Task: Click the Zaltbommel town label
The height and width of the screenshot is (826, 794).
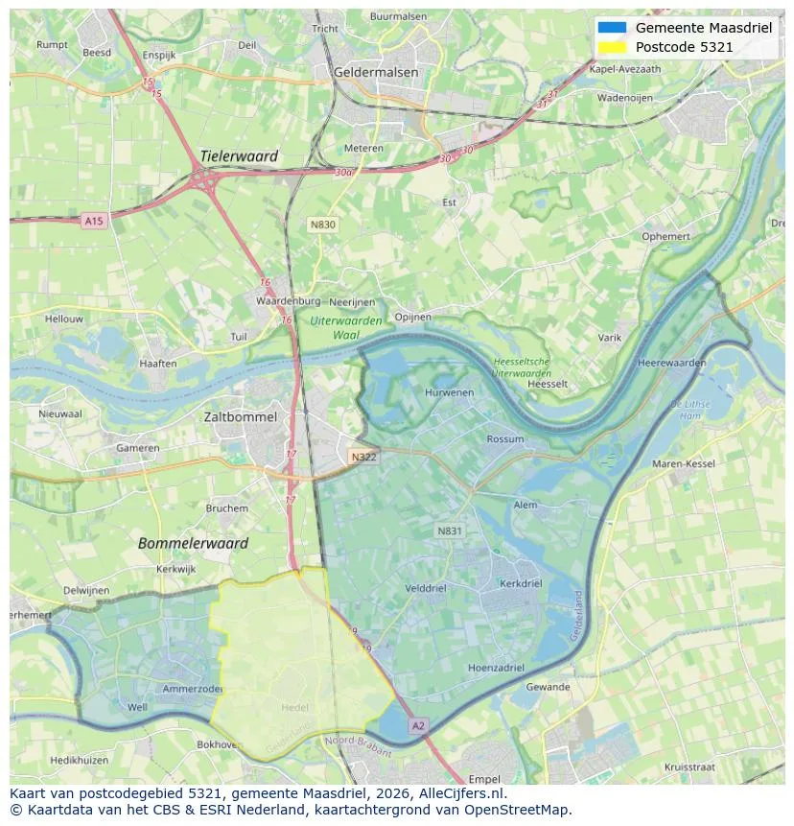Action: pyautogui.click(x=241, y=417)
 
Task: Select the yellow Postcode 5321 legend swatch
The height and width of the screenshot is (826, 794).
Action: pyautogui.click(x=611, y=46)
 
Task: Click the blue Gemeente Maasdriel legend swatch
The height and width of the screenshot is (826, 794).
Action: pyautogui.click(x=611, y=28)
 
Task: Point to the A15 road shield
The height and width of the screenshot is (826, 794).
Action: pyautogui.click(x=93, y=221)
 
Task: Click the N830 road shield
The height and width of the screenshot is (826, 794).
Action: pyautogui.click(x=323, y=224)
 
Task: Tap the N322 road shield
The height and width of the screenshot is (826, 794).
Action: pyautogui.click(x=363, y=458)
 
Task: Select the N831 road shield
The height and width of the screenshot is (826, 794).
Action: pyautogui.click(x=450, y=531)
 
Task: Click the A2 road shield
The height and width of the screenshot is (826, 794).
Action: pyautogui.click(x=417, y=726)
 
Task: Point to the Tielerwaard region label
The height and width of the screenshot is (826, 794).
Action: pyautogui.click(x=239, y=156)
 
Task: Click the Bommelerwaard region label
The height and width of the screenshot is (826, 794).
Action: pyautogui.click(x=193, y=543)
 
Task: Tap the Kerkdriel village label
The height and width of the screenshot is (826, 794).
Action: pyautogui.click(x=521, y=583)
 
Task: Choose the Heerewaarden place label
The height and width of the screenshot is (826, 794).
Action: pyautogui.click(x=671, y=363)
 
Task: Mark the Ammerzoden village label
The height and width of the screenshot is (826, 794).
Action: pyautogui.click(x=193, y=689)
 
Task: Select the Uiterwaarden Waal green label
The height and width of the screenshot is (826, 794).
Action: pyautogui.click(x=346, y=328)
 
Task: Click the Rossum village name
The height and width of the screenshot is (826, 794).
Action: pyautogui.click(x=505, y=439)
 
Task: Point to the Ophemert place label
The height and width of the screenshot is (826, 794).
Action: pyautogui.click(x=666, y=235)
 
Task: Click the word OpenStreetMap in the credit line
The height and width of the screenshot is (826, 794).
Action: pyautogui.click(x=524, y=810)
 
